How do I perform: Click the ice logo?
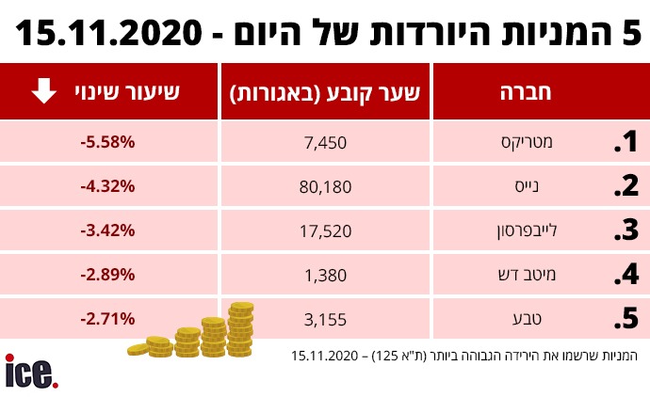tap(31, 371)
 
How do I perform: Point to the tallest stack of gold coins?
tap(241, 329)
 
